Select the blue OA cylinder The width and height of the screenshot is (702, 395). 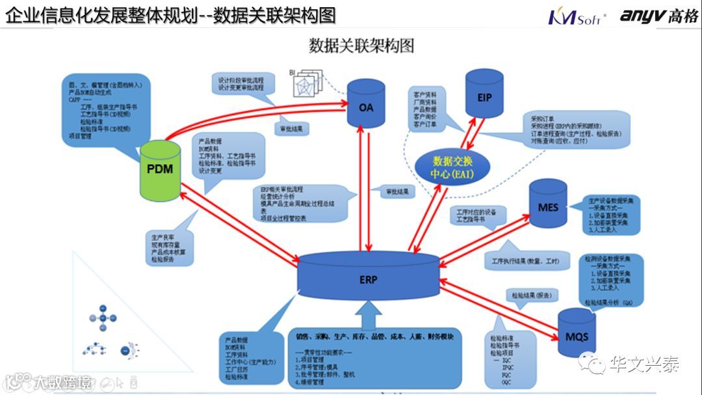click(x=366, y=103)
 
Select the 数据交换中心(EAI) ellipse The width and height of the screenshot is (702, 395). click(x=452, y=168)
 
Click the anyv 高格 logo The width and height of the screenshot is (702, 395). click(x=657, y=16)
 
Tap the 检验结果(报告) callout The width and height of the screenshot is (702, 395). click(x=529, y=295)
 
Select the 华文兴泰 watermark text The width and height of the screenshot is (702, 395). click(x=643, y=364)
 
